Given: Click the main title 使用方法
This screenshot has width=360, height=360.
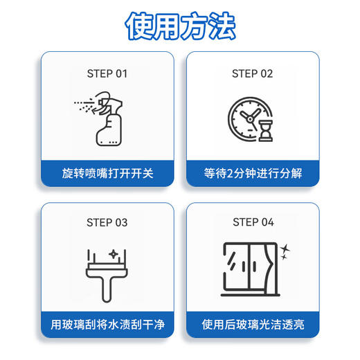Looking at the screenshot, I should (180, 26).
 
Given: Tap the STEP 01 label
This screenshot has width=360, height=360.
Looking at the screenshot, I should (107, 73).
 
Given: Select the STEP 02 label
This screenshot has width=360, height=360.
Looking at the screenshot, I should (253, 73).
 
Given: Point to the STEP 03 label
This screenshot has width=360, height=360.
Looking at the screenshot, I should (107, 222).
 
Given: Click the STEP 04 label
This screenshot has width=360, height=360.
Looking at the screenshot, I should (253, 222).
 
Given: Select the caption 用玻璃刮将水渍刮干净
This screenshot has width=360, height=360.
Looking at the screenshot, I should (107, 323).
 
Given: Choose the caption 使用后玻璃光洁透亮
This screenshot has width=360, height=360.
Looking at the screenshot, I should (253, 323).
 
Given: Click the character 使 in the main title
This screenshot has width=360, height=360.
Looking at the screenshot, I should (138, 26).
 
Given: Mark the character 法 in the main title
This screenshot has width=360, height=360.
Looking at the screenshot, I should (222, 26).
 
